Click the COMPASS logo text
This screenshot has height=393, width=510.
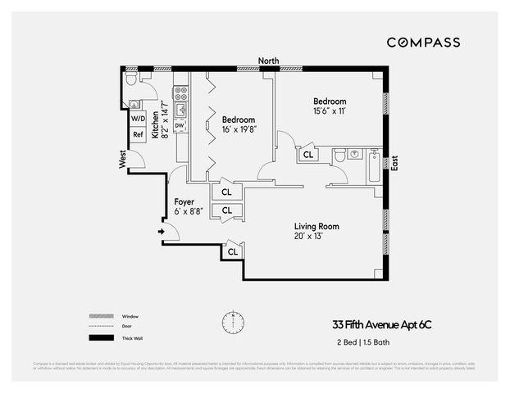coord(423,42)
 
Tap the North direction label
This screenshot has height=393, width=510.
coord(268,61)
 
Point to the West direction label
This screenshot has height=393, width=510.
coord(122,159)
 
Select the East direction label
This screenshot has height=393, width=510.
coord(394,162)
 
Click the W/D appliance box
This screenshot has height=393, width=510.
coord(138,118)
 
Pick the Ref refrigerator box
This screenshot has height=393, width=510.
coord(138,134)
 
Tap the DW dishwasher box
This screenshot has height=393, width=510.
coord(180,124)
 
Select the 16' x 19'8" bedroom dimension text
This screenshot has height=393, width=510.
coord(239,129)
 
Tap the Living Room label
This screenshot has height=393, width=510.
coord(316,226)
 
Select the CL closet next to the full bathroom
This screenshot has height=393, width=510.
coord(308,154)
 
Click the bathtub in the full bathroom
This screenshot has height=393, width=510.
coord(376,166)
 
